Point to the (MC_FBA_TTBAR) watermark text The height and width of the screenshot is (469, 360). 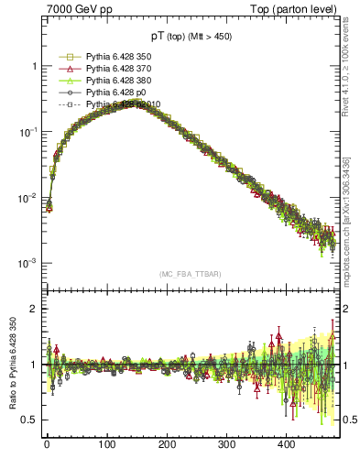[191, 274]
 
